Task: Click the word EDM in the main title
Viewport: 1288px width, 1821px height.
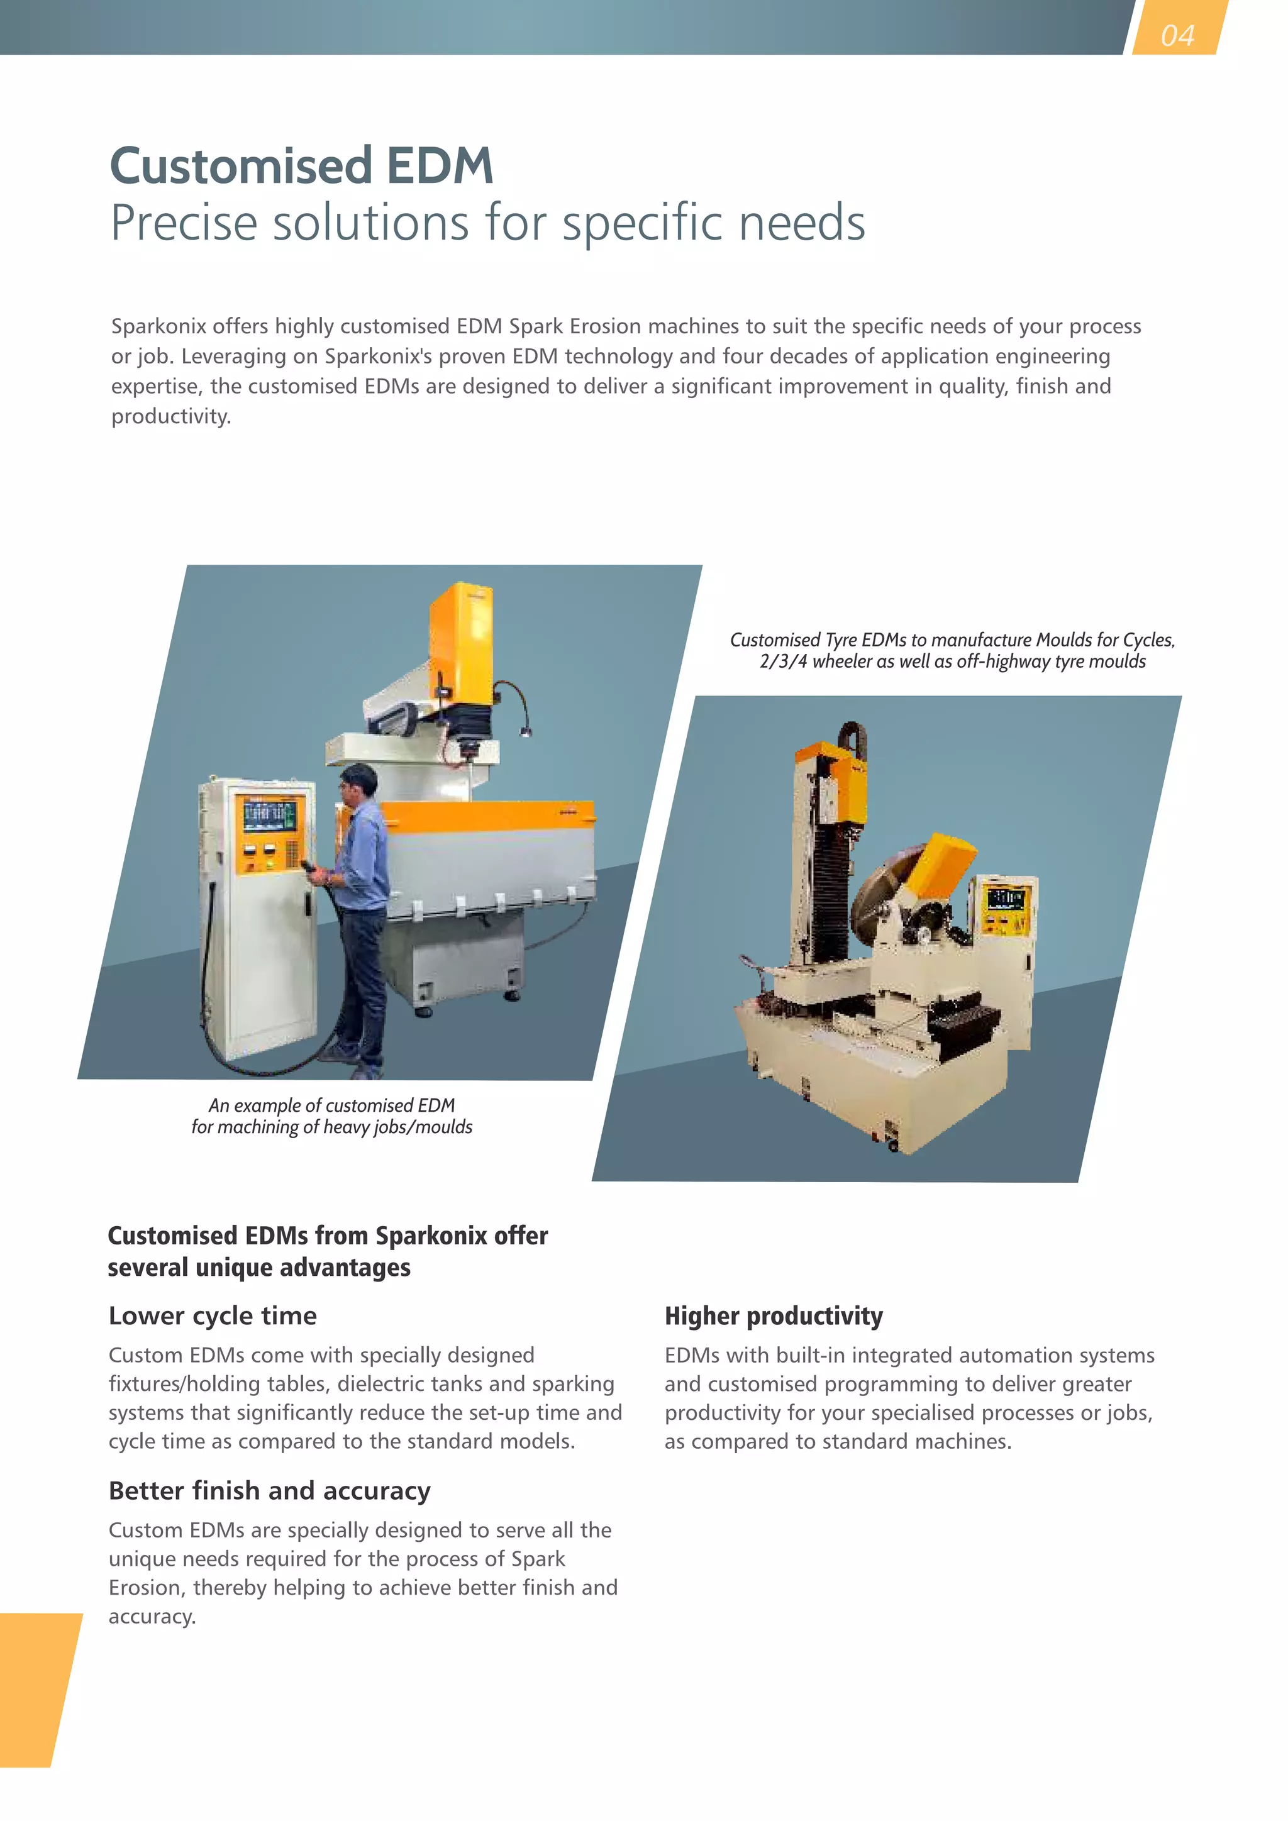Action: pos(440,166)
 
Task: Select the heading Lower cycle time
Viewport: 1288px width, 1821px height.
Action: pos(213,1316)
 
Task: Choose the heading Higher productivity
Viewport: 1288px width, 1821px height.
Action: pos(774,1316)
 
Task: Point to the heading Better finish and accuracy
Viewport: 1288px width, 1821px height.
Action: pos(270,1490)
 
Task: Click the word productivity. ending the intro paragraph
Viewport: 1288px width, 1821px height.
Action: pos(170,416)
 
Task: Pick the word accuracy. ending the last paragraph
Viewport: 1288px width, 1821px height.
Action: pos(152,1617)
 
